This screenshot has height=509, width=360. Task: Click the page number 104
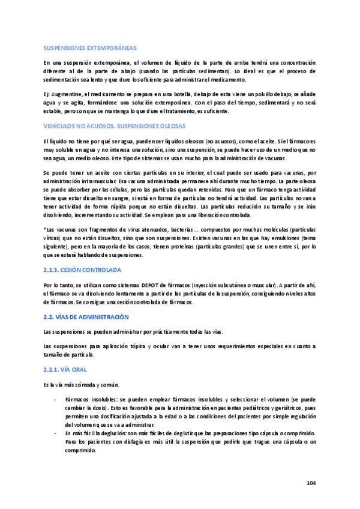310,483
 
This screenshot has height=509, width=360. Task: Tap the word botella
181,94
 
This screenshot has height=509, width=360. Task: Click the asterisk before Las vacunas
45,230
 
